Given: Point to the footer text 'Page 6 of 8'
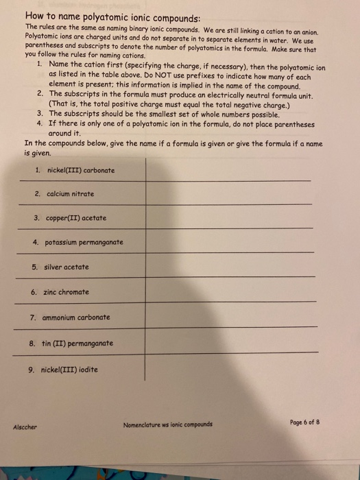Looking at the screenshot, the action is (302, 422).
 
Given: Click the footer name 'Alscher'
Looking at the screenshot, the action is (25, 426).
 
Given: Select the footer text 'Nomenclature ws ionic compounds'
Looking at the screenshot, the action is (167, 424).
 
